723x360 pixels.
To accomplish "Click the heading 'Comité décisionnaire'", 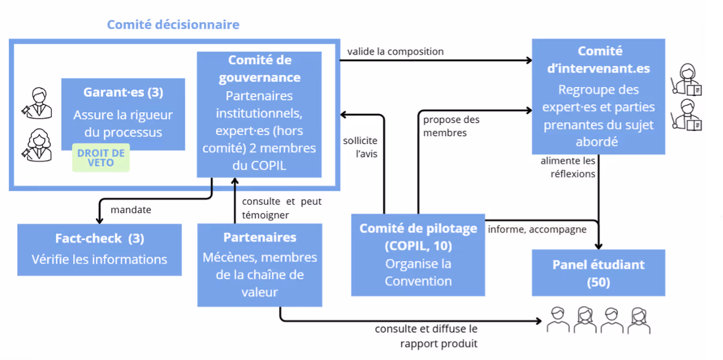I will pos(173,25).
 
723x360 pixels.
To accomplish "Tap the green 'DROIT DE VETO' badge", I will pos(101,158).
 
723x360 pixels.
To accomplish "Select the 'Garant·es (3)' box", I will pos(123,113).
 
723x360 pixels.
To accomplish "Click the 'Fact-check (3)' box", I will pos(99,249).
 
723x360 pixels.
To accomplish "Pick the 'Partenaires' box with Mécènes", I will pos(259,264).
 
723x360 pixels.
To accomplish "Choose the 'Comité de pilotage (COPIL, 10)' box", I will pos(418,254).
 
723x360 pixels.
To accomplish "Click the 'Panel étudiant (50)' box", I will pos(598,272).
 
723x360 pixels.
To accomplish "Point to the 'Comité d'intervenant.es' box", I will pos(598,96).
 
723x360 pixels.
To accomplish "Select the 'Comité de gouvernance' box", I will pos(259,114).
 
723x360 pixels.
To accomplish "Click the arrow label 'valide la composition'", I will pos(395,52).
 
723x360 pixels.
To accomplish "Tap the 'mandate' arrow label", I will pos(131,210).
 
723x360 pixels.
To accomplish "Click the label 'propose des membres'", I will pos(451,126).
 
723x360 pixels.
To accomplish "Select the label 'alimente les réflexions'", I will pos(568,167).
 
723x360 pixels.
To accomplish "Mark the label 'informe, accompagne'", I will pos(537,229).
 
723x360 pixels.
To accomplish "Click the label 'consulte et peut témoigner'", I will pos(281,208).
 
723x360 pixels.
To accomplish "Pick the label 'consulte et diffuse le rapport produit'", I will pos(426,336).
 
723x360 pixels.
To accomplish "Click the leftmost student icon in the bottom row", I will pos(557,320).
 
